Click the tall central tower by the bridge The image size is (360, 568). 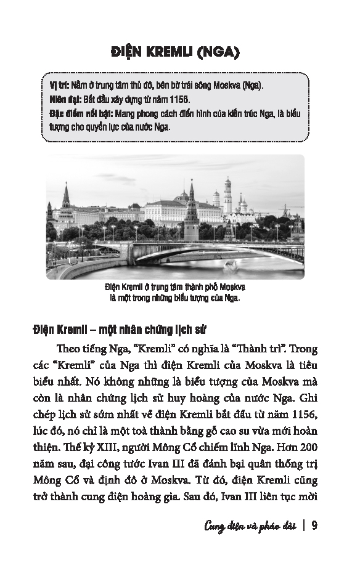coord(192,213)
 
